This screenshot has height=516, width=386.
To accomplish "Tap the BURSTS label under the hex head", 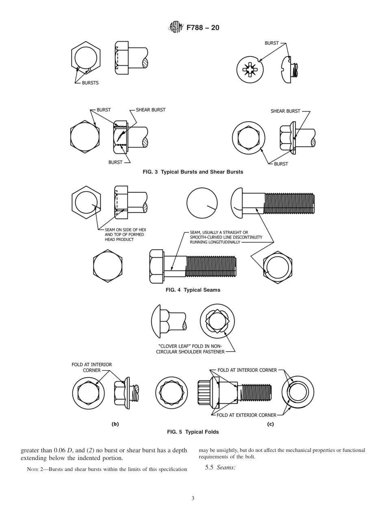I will (x=90, y=83).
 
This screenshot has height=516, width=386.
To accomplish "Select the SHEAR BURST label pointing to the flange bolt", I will (x=285, y=111).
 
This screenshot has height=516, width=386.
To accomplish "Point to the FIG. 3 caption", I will (x=193, y=172).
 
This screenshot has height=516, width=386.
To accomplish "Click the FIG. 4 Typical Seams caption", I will (x=193, y=290).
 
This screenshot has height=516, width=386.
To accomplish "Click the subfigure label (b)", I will (x=115, y=424).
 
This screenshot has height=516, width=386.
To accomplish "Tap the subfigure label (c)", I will (x=270, y=424).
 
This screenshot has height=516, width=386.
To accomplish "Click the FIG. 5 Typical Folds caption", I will (x=193, y=432).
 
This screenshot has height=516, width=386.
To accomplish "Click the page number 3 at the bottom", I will (x=193, y=499).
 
